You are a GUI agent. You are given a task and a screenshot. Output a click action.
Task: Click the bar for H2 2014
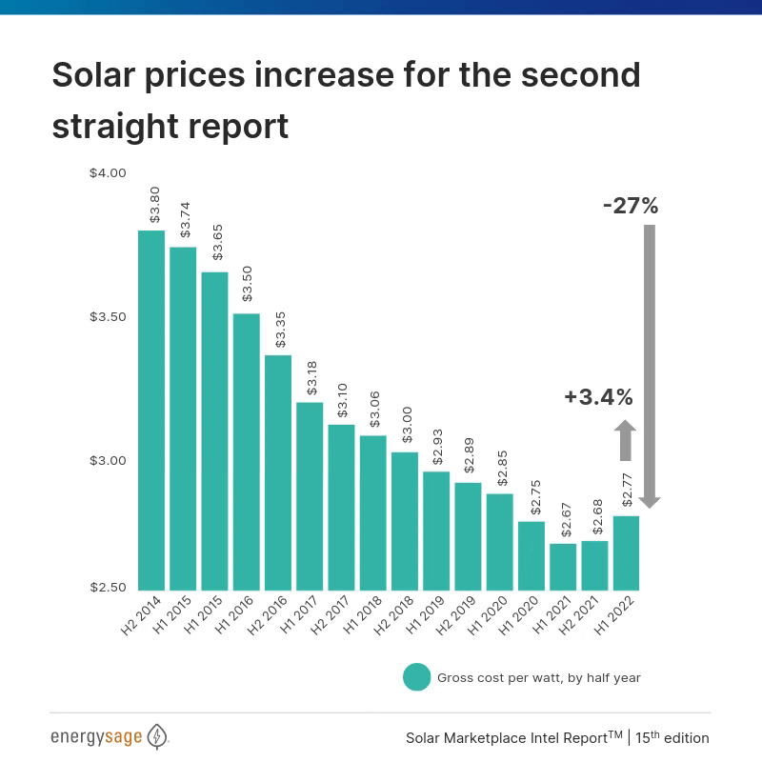coord(151,411)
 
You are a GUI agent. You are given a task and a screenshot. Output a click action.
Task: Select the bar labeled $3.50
coord(246,451)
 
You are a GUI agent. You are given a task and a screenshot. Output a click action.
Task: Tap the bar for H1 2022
coord(626,553)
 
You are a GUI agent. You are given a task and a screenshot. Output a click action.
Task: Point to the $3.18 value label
coord(311,377)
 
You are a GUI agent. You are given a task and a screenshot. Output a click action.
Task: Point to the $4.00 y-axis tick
coord(108,173)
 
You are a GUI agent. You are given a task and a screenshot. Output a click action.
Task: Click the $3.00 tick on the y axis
coord(108,461)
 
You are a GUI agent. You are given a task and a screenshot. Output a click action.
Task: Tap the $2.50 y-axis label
coord(108,588)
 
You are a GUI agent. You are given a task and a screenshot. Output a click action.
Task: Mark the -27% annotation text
coord(631,205)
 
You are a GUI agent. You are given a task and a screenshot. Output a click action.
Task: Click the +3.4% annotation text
coord(598,397)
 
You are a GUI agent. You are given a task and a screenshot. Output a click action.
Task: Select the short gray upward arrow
coord(624,440)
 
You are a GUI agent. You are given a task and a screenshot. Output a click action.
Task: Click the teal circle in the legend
coord(417,677)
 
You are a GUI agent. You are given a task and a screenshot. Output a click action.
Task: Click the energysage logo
coord(110,737)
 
